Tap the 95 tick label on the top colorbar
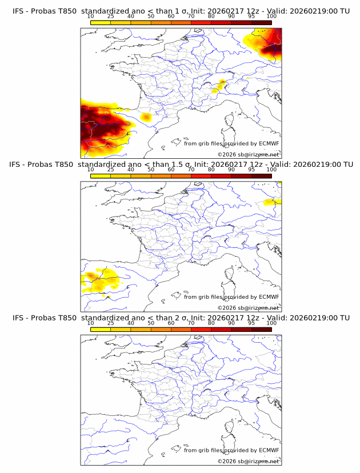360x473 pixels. pos(251,16)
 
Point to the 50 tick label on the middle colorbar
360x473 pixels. pos(151,170)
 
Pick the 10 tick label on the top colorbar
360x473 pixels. pos(91,16)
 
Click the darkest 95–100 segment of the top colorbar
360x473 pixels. pos(261,22)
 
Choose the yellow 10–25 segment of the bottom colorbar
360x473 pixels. pos(101,329)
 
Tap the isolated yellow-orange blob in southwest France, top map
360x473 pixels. pos(146,117)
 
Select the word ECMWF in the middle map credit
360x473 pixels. pos(269,296)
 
